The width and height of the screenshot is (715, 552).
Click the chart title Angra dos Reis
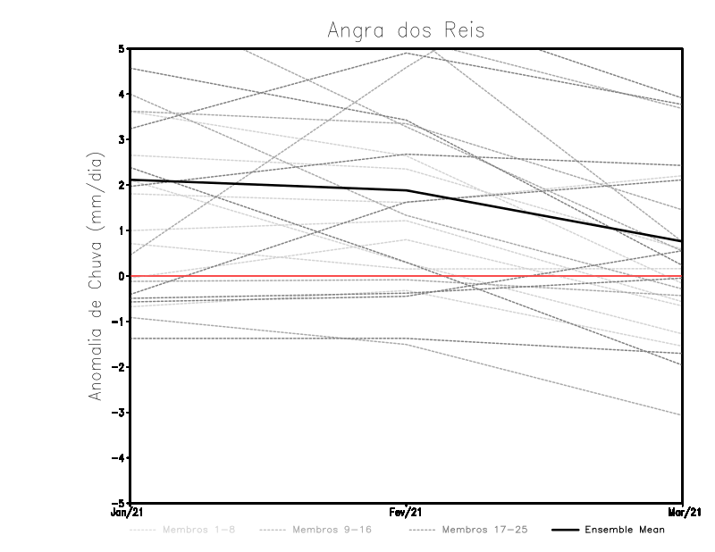406,29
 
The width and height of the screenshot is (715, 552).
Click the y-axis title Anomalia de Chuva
96,277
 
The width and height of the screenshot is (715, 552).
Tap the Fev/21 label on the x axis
406,512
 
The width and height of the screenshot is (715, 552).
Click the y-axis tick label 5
121,48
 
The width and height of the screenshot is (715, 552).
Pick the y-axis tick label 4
121,94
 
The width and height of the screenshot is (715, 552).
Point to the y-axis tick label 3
121,139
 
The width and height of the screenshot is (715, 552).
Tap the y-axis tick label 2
121,185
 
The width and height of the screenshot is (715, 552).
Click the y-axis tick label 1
121,230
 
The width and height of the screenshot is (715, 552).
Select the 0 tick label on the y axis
121,276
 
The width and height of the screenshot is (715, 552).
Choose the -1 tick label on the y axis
119,322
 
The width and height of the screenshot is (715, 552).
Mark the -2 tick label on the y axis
119,367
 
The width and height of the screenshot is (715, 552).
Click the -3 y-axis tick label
119,413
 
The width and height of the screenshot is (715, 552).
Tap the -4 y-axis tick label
119,458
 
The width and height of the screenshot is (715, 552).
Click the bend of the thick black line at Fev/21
406,190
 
